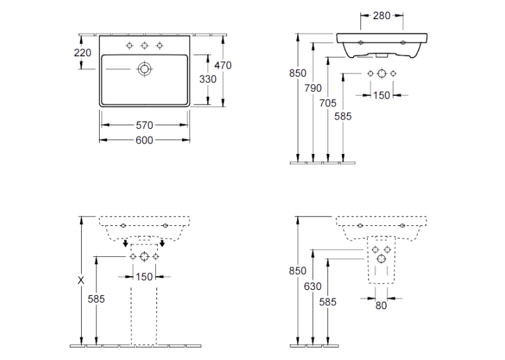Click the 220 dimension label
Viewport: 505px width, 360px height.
coord(83,53)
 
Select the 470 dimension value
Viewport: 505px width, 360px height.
coord(223,65)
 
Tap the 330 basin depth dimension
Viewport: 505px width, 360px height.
coord(208,79)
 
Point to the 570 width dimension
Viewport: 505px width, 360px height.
coord(145,125)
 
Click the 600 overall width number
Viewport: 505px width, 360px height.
coord(145,140)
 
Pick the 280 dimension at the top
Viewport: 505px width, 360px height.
coord(382,15)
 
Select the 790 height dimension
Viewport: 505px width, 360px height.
coord(313,88)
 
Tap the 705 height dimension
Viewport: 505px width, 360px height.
coord(328,103)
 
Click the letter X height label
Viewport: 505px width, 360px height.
coord(81,280)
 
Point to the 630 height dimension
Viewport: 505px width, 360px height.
coord(313,286)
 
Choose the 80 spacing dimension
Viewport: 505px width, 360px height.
coord(381,306)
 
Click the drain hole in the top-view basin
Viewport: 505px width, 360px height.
coord(145,69)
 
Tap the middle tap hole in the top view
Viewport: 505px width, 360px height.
coord(145,46)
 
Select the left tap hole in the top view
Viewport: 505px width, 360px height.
coord(129,46)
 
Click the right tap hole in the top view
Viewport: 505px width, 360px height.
coord(160,46)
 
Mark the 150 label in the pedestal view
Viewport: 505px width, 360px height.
coord(144,277)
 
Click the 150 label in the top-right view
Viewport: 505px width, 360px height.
coord(382,95)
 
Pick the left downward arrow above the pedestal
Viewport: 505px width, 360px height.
coord(125,242)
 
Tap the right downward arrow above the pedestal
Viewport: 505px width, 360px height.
coord(162,242)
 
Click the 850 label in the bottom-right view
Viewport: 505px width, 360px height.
coord(298,271)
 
